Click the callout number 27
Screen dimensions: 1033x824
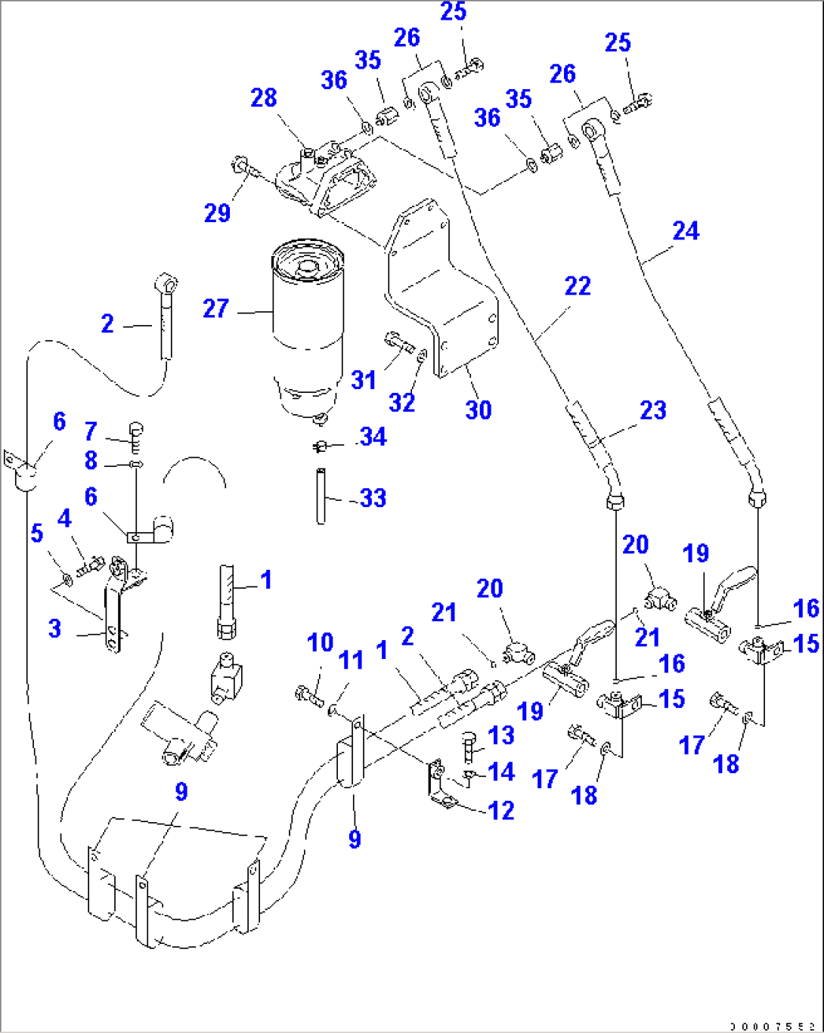coord(215,308)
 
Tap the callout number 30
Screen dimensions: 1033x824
coord(478,410)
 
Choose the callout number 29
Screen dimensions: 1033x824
coord(217,213)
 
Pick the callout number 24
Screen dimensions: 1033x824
coord(685,230)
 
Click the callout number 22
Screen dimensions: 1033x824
coord(578,286)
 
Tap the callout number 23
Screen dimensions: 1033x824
coord(652,410)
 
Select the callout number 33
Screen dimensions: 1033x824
coord(373,498)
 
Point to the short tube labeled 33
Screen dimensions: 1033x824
coord(321,496)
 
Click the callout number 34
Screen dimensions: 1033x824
coord(373,437)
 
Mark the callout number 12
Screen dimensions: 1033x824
coord(501,810)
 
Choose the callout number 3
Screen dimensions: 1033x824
coord(54,628)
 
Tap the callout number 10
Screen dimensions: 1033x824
coord(320,643)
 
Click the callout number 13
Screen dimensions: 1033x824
coord(500,735)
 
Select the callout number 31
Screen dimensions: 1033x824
coord(364,379)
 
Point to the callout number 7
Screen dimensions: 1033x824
coord(91,431)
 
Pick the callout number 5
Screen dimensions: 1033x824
coord(36,534)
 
